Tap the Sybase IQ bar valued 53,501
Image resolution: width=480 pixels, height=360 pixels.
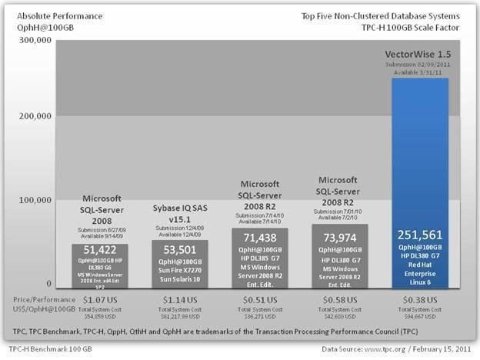coord(180,263)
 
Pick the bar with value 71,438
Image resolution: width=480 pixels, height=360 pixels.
coord(259,258)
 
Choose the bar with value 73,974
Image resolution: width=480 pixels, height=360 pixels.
coord(339,255)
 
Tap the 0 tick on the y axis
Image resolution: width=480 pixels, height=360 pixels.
coord(48,284)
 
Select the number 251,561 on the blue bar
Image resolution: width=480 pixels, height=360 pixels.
coord(420,235)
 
